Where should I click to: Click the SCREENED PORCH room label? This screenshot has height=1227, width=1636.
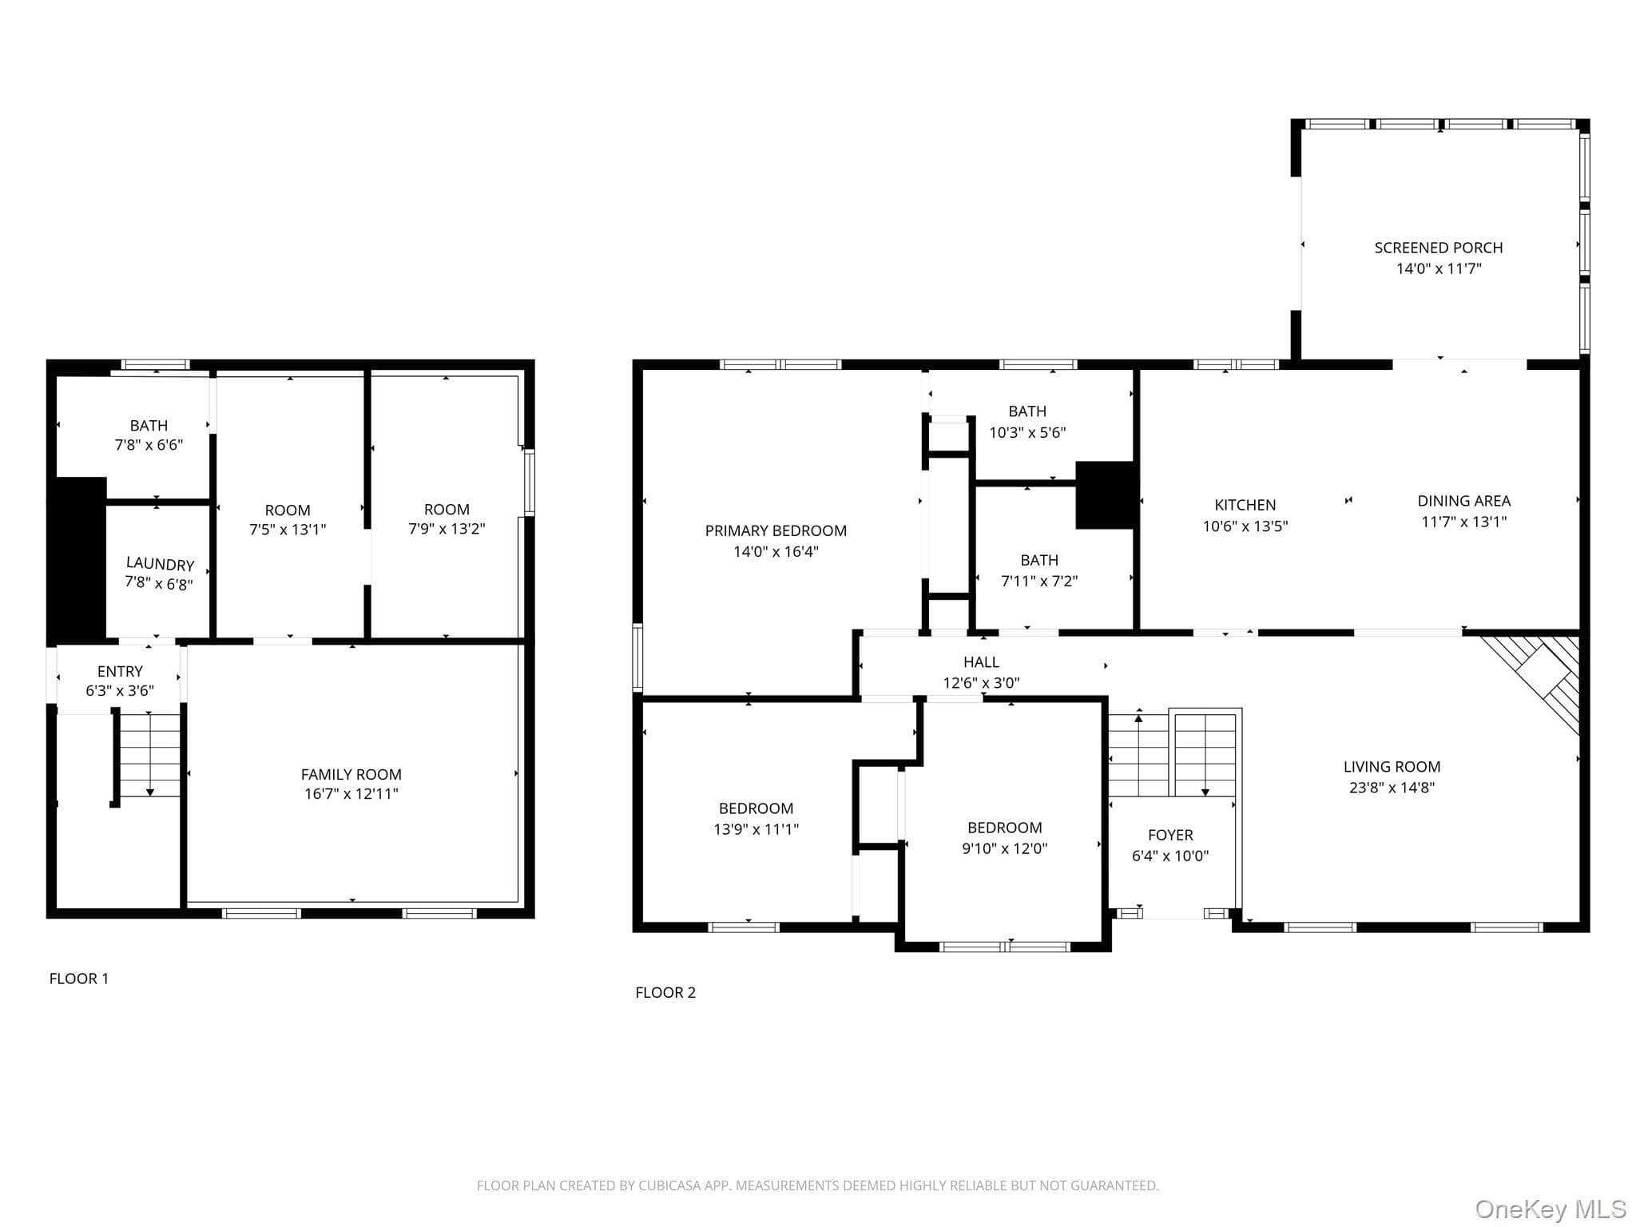point(1438,248)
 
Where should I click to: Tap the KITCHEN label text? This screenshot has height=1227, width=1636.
point(1245,505)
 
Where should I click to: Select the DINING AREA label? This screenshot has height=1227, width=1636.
point(1463,501)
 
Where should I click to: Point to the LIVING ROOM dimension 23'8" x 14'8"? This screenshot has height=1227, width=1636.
point(1392,788)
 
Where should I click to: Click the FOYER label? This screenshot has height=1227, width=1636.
point(1170,835)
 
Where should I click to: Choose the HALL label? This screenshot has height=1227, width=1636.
point(981,662)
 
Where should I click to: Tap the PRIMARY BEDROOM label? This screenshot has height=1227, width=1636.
point(776,530)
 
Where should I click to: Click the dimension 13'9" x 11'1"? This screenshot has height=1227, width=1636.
point(756,829)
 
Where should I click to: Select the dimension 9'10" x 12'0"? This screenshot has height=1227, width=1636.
point(1004,848)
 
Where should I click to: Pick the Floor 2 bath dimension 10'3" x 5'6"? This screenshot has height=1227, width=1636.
point(1027,432)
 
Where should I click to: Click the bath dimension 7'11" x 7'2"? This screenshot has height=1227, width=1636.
point(1038,581)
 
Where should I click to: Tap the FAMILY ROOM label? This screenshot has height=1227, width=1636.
point(351,774)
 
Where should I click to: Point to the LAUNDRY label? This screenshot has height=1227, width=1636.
point(160,564)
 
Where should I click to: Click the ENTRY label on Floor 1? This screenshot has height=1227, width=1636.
point(120,671)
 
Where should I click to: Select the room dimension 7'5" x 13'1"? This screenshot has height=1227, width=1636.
point(288,530)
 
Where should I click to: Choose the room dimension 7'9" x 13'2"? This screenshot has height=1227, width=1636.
point(447,529)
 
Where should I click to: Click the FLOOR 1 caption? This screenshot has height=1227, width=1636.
point(79,979)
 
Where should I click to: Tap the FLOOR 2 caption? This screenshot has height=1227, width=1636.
point(665,992)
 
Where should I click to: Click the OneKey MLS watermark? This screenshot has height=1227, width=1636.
point(1551,1209)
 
